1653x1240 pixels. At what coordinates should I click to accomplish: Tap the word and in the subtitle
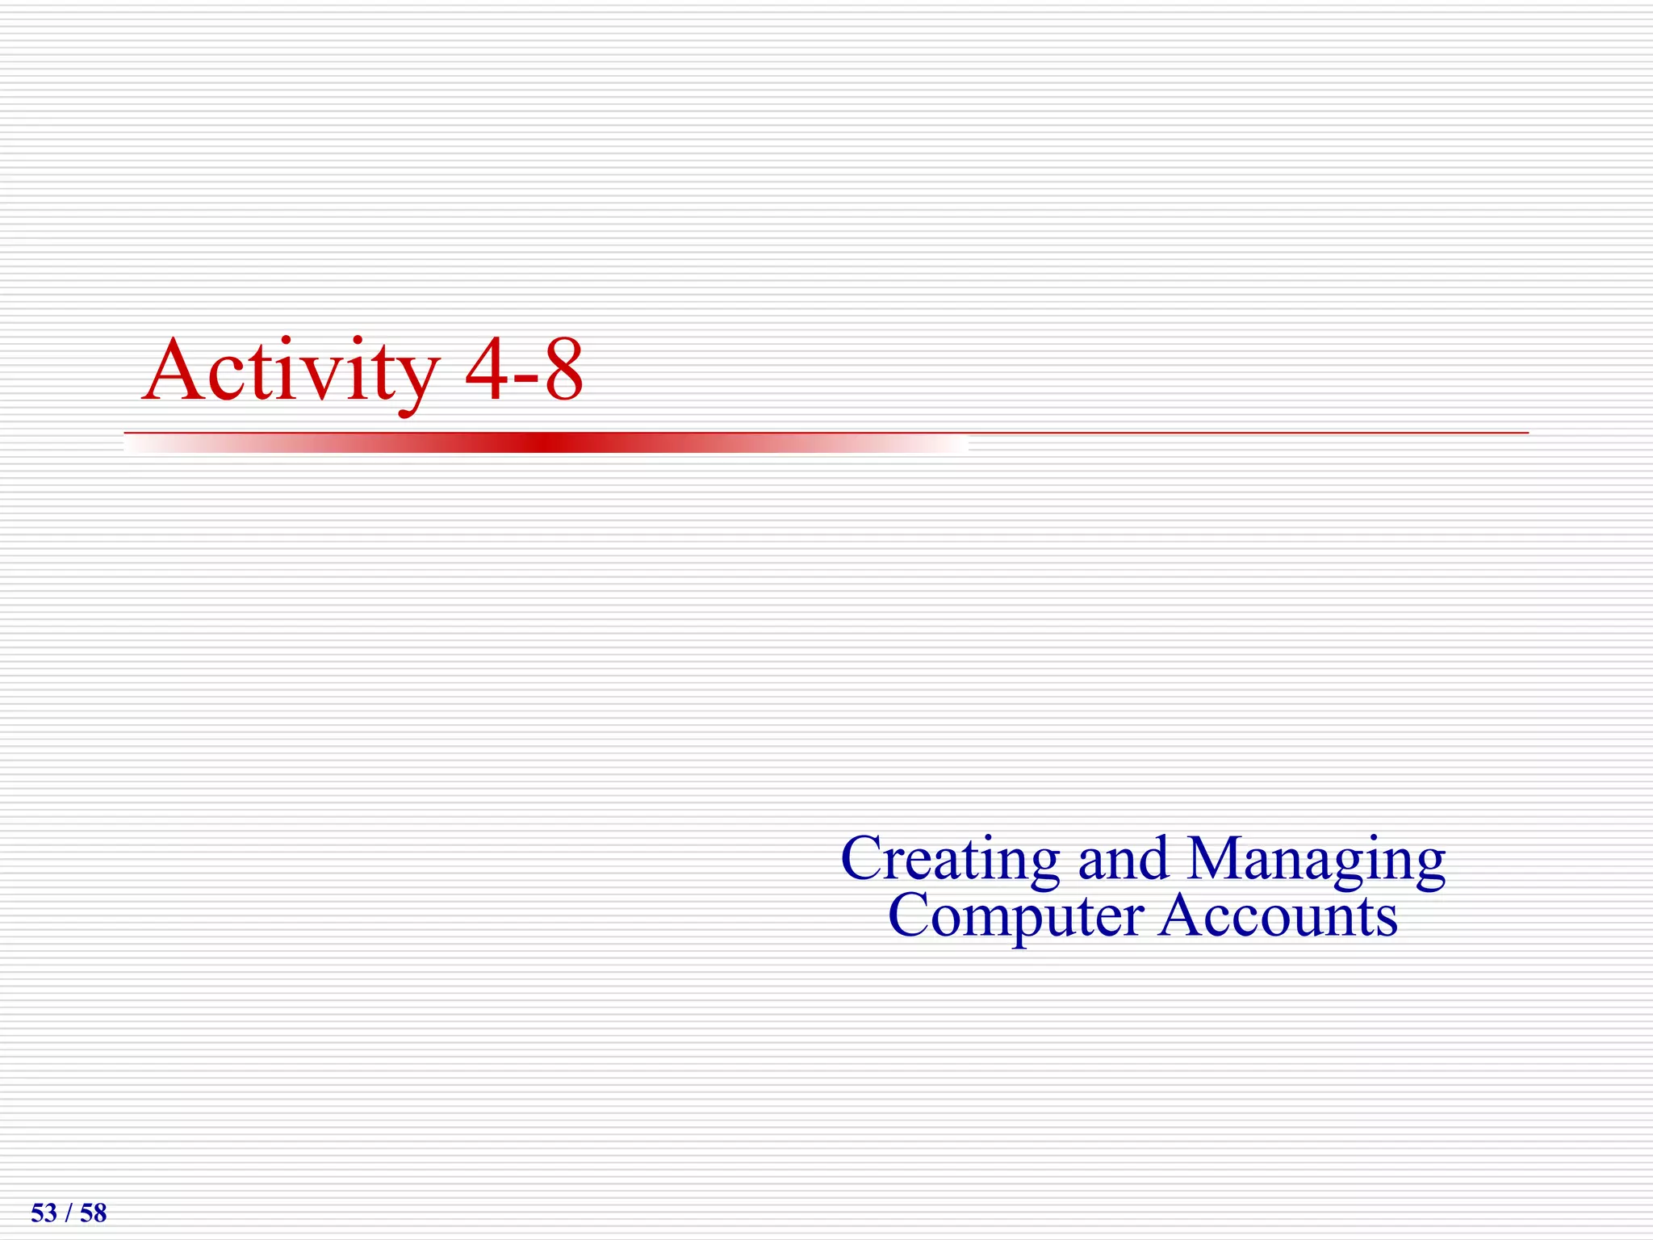(1123, 859)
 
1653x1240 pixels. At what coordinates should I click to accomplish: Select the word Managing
(1316, 861)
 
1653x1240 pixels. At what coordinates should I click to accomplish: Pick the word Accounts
(1278, 916)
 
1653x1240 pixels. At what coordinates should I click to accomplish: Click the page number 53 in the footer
(44, 1213)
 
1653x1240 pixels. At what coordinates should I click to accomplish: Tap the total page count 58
(94, 1213)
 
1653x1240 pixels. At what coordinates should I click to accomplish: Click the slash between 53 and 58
(69, 1213)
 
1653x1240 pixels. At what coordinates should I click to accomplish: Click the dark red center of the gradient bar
(546, 442)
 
